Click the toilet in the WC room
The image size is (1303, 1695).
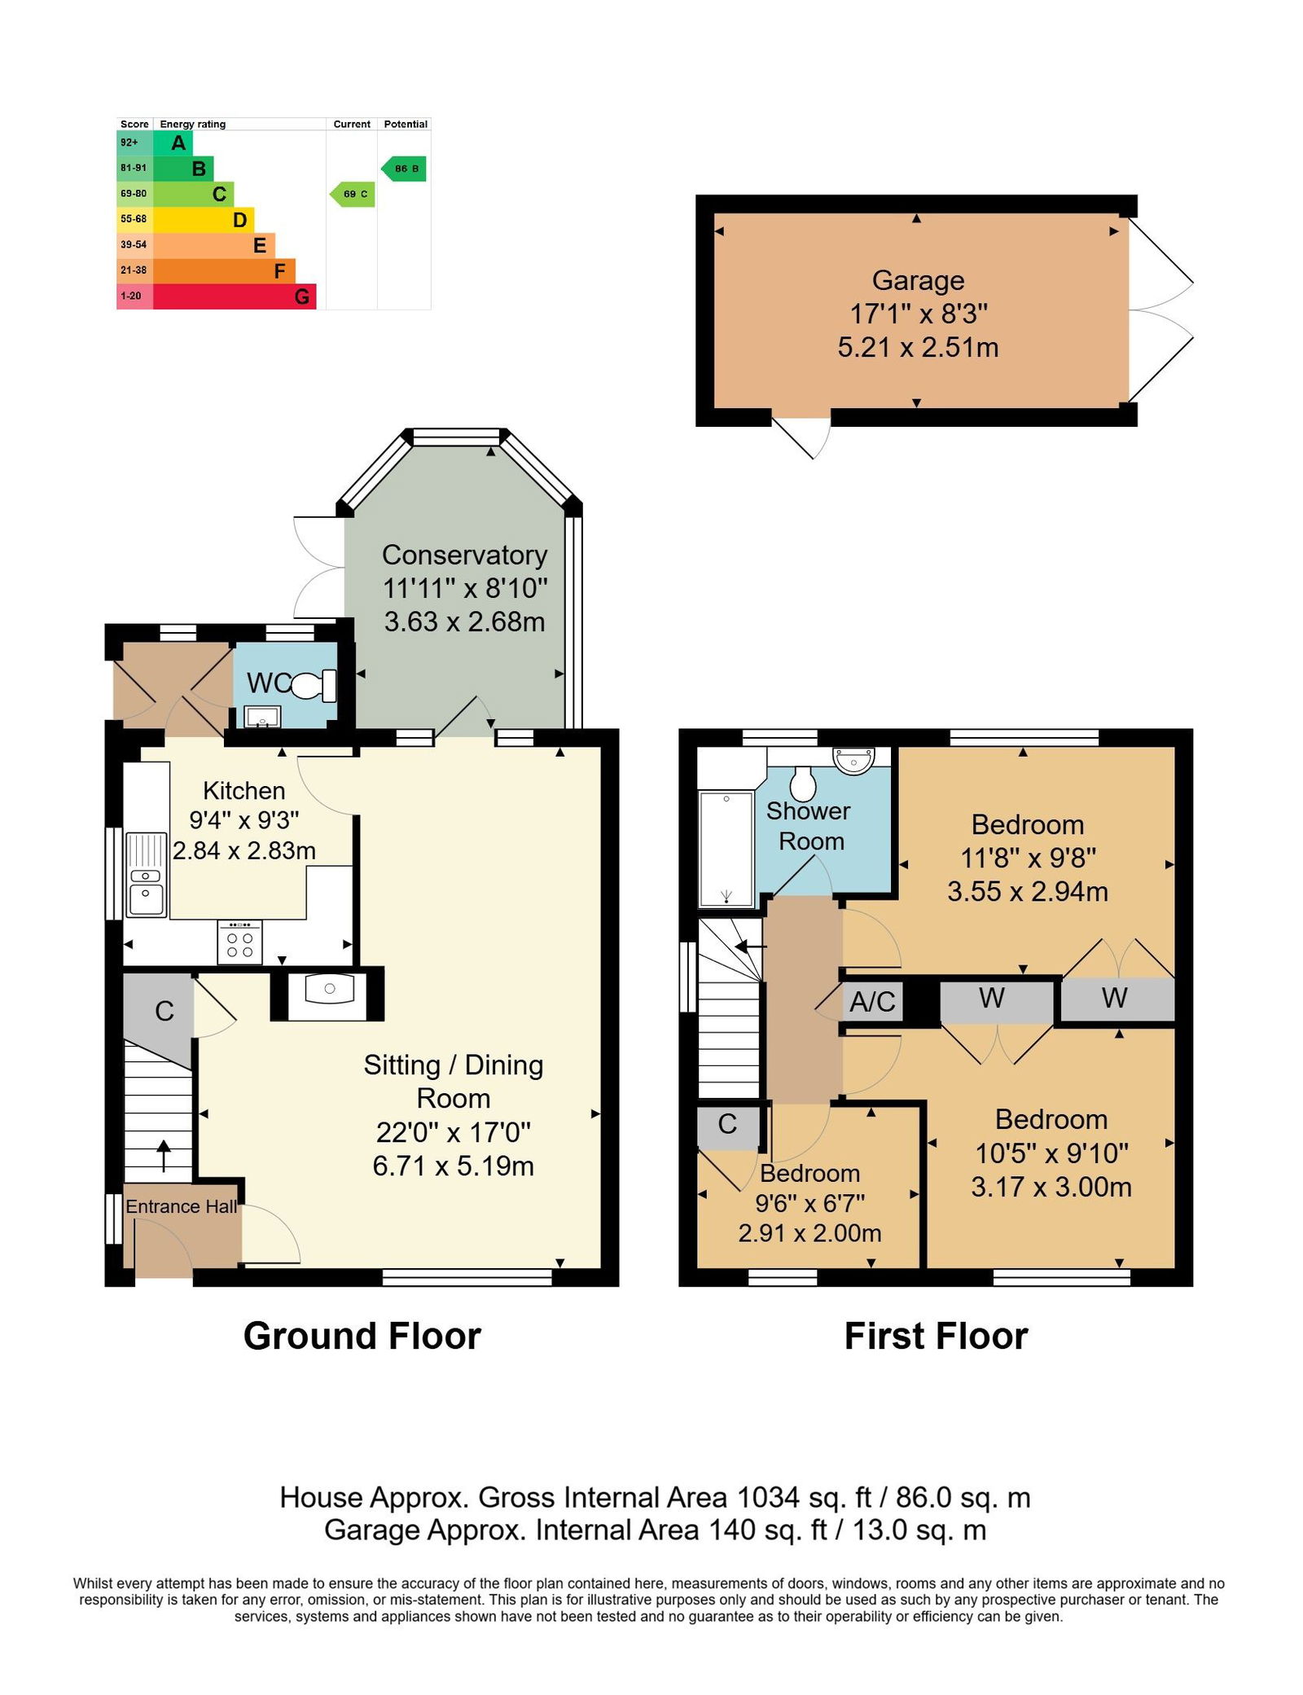314,685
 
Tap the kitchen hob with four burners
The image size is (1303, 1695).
240,942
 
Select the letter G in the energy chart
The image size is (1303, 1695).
301,296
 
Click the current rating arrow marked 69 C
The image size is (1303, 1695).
353,194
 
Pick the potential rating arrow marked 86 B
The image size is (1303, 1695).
404,169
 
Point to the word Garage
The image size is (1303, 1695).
918,280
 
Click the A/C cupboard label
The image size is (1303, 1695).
872,1001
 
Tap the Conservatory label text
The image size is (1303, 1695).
465,555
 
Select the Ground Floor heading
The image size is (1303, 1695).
362,1337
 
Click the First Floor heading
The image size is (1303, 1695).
937,1337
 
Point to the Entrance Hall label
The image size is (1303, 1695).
182,1207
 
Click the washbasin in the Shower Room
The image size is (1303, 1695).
853,760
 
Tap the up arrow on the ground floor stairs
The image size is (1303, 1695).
164,1155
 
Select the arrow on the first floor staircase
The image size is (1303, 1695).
750,946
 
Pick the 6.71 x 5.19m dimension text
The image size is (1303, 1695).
454,1166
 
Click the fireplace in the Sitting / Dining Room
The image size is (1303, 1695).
328,993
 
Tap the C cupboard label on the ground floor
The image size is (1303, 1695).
165,1012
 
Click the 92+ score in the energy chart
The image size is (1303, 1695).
129,143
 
